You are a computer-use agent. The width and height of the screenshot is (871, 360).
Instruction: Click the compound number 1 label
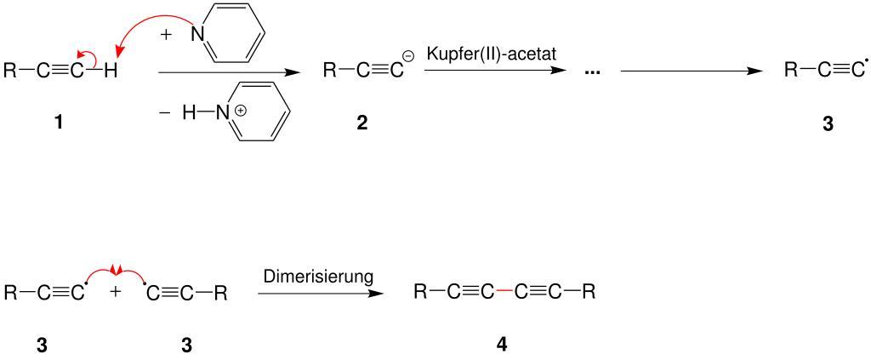57,123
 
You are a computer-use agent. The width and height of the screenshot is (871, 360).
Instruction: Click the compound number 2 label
362,123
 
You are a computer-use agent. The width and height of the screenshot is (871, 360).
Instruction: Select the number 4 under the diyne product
501,346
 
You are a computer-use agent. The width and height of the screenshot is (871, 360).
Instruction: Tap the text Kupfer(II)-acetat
492,54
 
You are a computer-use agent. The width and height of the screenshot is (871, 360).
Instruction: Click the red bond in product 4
504,294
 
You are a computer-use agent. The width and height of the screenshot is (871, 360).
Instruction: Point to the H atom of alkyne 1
111,71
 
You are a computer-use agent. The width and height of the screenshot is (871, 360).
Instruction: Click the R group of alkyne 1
10,71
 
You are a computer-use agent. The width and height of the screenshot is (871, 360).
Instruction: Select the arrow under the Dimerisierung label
319,294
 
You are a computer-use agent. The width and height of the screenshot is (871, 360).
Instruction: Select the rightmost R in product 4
589,294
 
